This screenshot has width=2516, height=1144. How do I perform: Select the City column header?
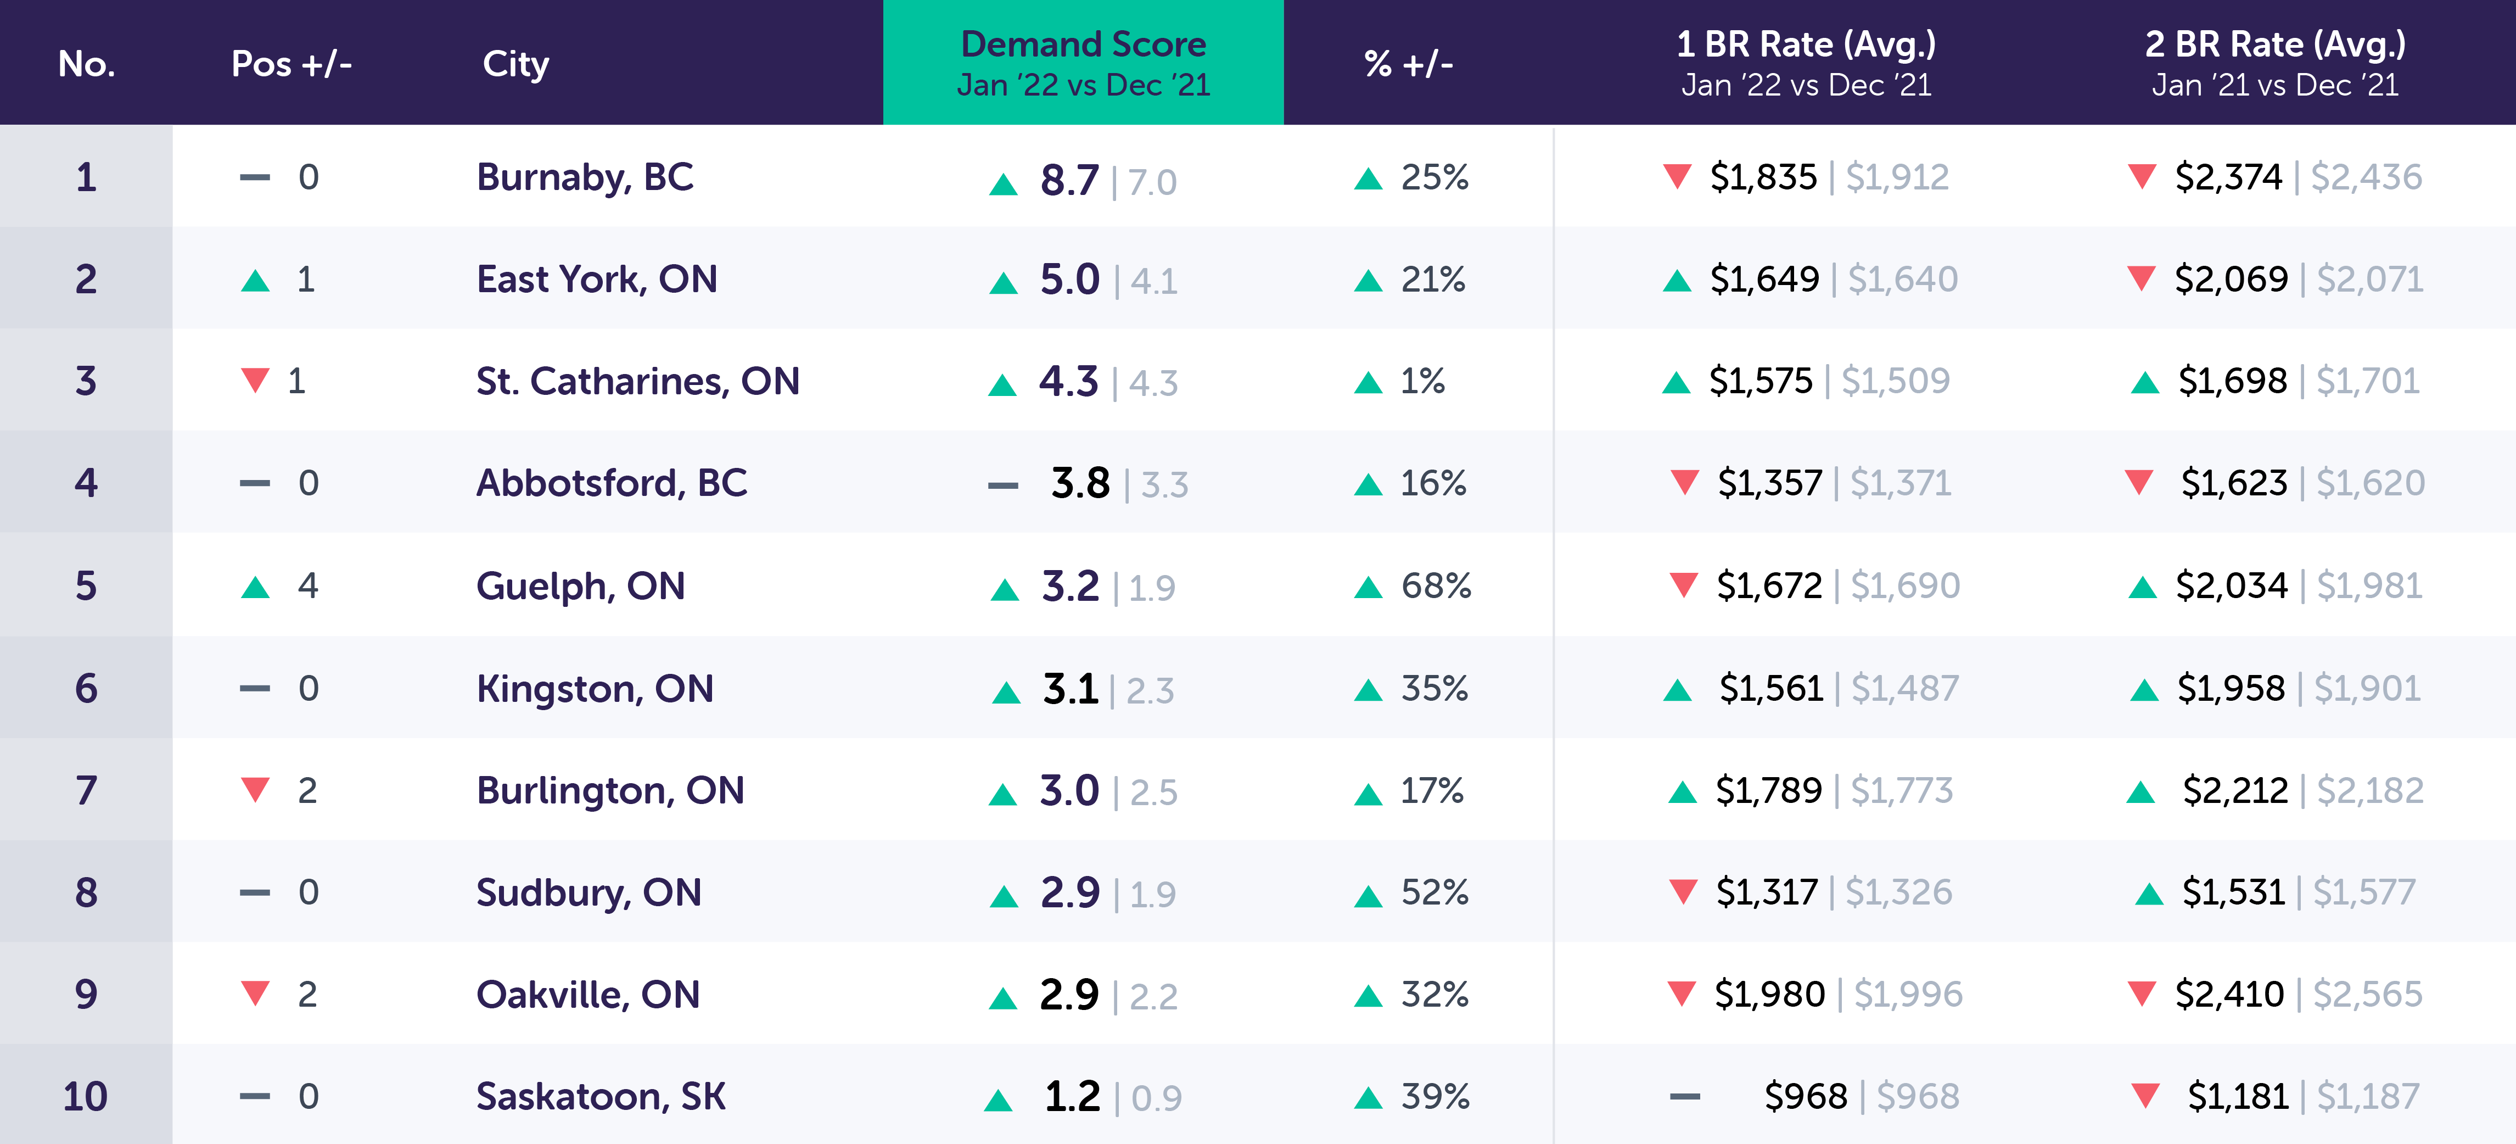click(x=515, y=64)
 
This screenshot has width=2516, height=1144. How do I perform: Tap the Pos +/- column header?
click(x=291, y=64)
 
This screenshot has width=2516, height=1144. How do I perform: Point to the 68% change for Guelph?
click(x=1435, y=586)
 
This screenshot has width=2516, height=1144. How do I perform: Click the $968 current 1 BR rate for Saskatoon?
click(x=1805, y=1096)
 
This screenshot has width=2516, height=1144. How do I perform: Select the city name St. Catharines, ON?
click(x=637, y=381)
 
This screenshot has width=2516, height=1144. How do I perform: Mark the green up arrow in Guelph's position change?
click(x=255, y=587)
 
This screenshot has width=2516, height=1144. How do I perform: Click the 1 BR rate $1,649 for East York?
click(x=1764, y=280)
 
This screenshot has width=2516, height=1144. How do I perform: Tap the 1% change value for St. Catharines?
click(x=1422, y=381)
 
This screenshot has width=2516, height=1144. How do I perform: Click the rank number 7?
click(x=86, y=790)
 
